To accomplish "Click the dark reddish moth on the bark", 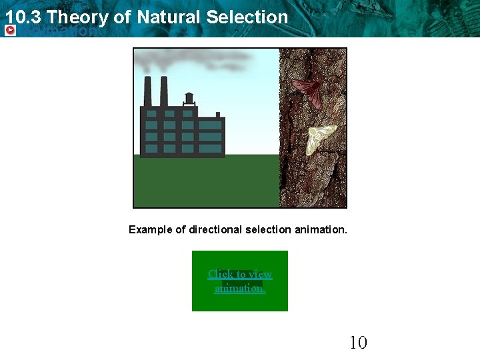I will coord(307,91).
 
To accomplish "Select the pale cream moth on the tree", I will coord(321,139).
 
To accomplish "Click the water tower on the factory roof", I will coord(189,99).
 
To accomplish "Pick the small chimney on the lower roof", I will coord(217,114).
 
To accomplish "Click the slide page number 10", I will coord(358,343).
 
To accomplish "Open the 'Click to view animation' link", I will coord(240,281).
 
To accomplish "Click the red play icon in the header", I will coord(10,31).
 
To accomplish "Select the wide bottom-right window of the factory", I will coord(210,148).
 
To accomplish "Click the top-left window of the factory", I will coord(151,113).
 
